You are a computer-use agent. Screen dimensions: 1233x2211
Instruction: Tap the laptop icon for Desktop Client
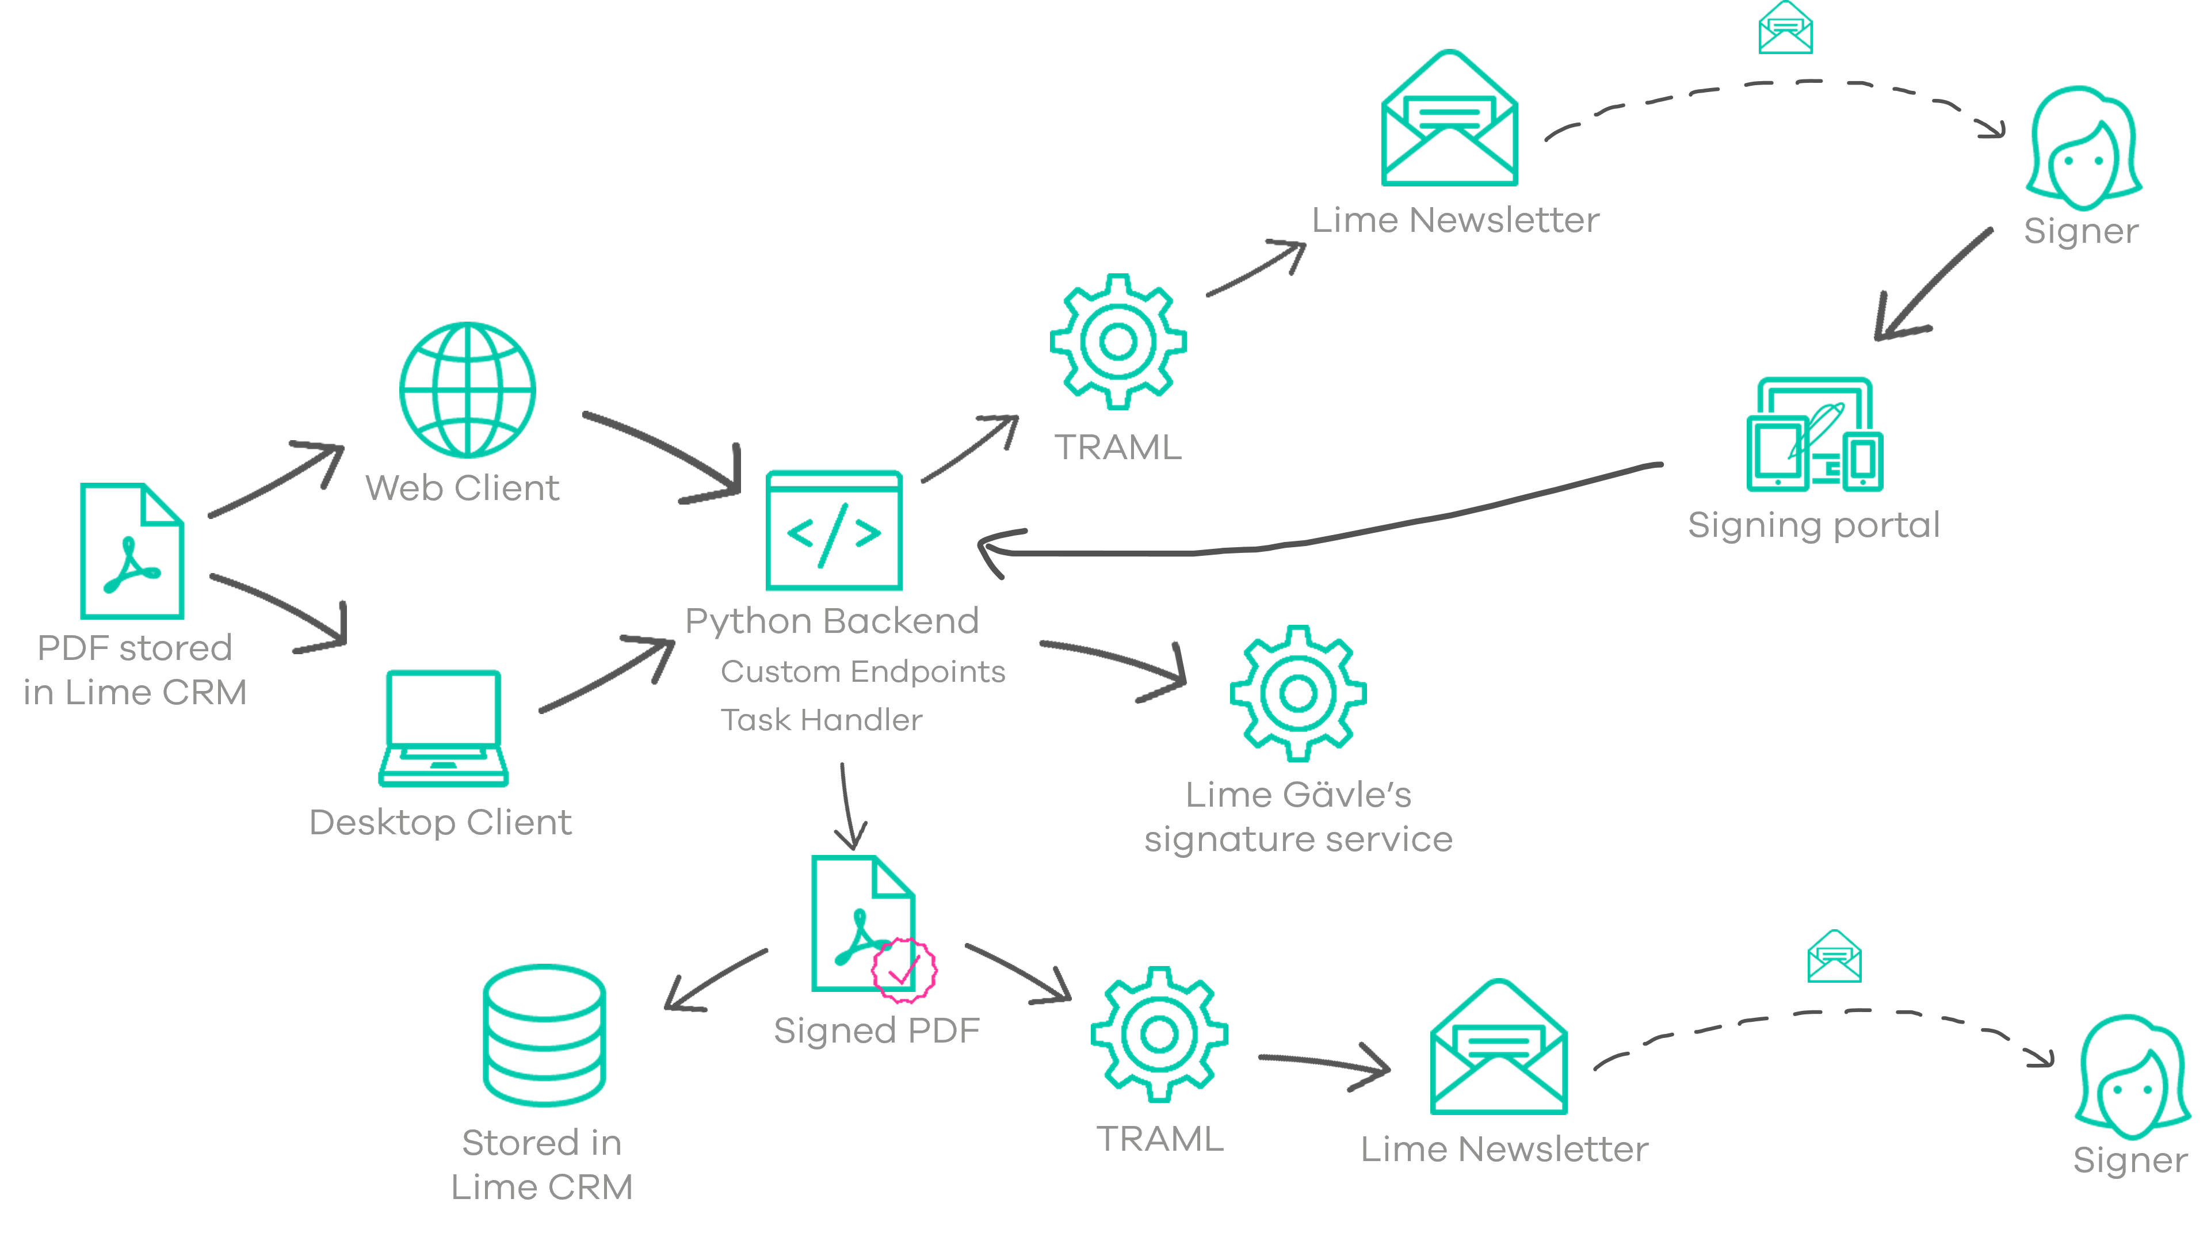click(443, 728)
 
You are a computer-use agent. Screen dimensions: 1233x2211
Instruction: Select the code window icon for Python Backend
click(834, 530)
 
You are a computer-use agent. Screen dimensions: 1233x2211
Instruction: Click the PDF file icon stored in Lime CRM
click(132, 551)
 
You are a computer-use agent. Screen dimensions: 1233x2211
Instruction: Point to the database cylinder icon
click(544, 1035)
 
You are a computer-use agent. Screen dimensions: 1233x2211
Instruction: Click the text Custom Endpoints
click(862, 671)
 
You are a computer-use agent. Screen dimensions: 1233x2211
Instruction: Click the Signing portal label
click(1813, 525)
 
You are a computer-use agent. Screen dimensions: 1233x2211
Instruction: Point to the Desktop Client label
click(440, 823)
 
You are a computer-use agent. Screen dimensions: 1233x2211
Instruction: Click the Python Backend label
click(832, 621)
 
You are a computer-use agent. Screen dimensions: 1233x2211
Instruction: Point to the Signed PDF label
click(876, 1030)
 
